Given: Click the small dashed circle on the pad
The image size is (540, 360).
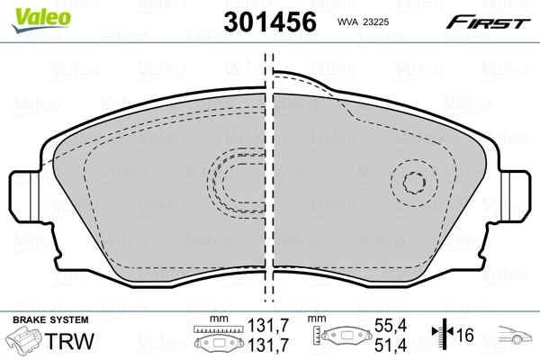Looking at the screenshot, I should click(x=417, y=184).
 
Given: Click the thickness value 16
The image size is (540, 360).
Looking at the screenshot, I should click(x=465, y=335).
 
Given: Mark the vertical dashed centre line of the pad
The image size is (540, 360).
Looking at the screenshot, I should click(x=268, y=180).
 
